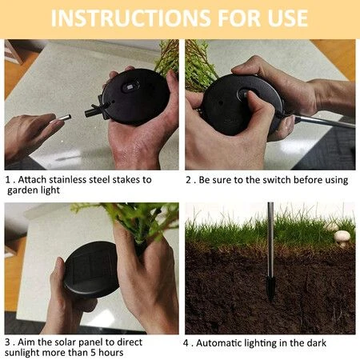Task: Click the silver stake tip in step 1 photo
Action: pos(62,119)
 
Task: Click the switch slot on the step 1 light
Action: pos(130,87)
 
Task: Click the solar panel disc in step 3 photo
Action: pos(91,269)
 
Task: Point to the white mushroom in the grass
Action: pos(342,238)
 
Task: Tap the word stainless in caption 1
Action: pos(68,180)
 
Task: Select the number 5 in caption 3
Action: pos(93,353)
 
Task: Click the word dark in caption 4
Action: pos(316,343)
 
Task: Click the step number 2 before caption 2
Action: pos(188,180)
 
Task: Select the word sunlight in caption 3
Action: pos(22,353)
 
